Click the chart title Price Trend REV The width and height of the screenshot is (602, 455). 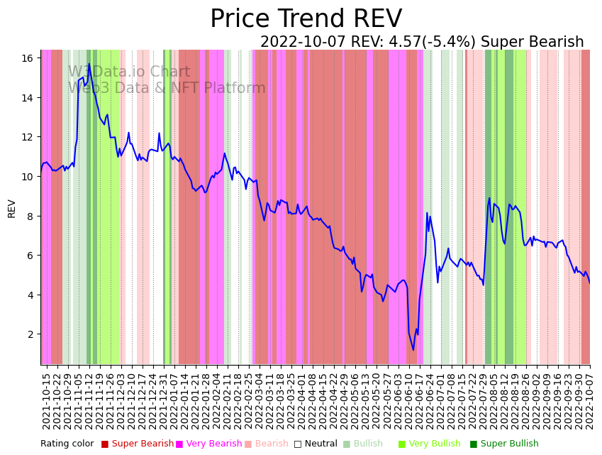click(306, 19)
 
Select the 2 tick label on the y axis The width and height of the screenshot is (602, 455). click(30, 334)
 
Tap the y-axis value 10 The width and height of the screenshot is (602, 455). click(28, 176)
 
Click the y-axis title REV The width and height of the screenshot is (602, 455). click(12, 208)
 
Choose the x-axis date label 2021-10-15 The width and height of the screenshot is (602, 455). click(47, 401)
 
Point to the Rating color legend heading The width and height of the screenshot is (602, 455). click(67, 444)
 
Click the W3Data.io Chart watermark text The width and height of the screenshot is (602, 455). click(129, 72)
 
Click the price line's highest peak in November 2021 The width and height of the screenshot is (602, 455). click(89, 65)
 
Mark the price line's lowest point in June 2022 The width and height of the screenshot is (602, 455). click(413, 349)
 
